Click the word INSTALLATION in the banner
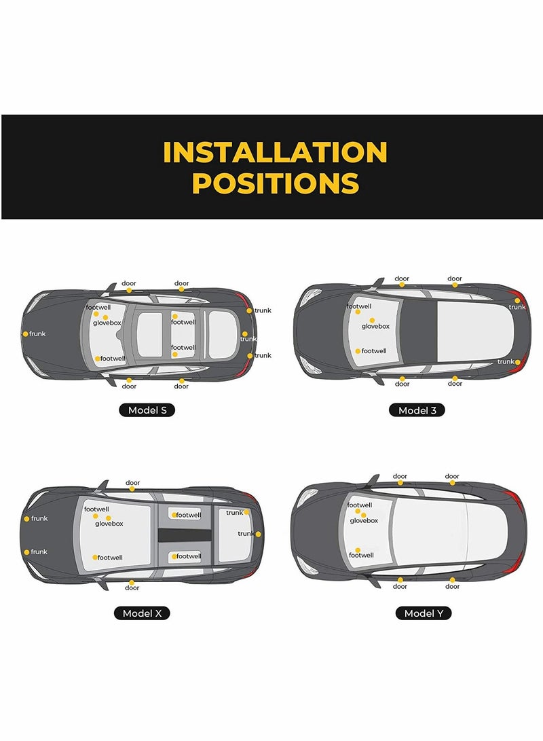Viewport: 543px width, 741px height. click(x=275, y=152)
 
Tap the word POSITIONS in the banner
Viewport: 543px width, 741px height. click(x=275, y=183)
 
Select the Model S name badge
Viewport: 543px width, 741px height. click(x=147, y=410)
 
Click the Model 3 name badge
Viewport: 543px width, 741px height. click(x=417, y=410)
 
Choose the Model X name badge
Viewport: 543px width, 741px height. click(x=142, y=613)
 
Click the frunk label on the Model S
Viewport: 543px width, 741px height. click(x=38, y=334)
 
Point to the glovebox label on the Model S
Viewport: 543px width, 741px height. click(x=107, y=323)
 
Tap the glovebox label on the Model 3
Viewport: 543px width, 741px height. click(x=375, y=327)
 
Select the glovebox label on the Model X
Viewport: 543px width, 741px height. click(x=109, y=524)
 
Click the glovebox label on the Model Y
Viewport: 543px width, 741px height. click(x=364, y=521)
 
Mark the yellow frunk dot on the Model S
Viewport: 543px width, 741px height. click(x=25, y=334)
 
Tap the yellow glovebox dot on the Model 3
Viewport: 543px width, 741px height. click(x=372, y=320)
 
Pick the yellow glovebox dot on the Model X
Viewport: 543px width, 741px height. click(x=108, y=518)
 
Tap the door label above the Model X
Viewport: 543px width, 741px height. click(x=132, y=483)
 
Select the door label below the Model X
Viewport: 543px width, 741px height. click(x=132, y=588)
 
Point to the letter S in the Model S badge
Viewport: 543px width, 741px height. click(x=164, y=410)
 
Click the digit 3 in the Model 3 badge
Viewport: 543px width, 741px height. click(x=433, y=410)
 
